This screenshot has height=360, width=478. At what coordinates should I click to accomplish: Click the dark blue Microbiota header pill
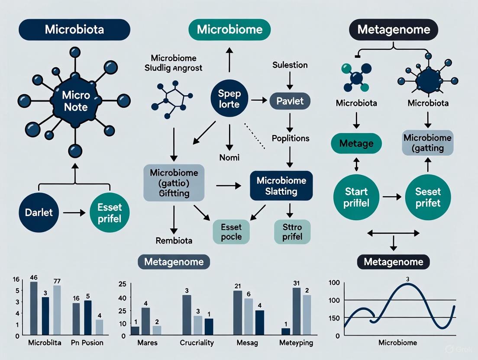[x=74, y=30]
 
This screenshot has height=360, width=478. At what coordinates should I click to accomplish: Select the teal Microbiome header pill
[x=229, y=30]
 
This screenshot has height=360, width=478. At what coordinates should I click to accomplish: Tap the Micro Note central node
[x=75, y=101]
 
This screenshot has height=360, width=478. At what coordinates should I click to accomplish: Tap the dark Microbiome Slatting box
[x=281, y=186]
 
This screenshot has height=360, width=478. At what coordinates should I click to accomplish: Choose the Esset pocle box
[x=232, y=231]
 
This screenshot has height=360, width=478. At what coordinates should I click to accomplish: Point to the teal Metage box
[x=356, y=143]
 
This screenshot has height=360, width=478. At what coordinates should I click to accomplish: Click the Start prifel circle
[x=356, y=197]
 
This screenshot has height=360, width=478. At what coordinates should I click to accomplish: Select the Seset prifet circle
[x=428, y=197]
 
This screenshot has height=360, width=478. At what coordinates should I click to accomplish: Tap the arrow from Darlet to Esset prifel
[x=74, y=213]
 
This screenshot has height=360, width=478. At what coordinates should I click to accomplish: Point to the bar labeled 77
[x=56, y=310]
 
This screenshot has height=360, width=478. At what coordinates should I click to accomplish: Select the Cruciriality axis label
[x=197, y=343]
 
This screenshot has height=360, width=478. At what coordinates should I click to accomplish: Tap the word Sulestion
[x=290, y=65]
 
